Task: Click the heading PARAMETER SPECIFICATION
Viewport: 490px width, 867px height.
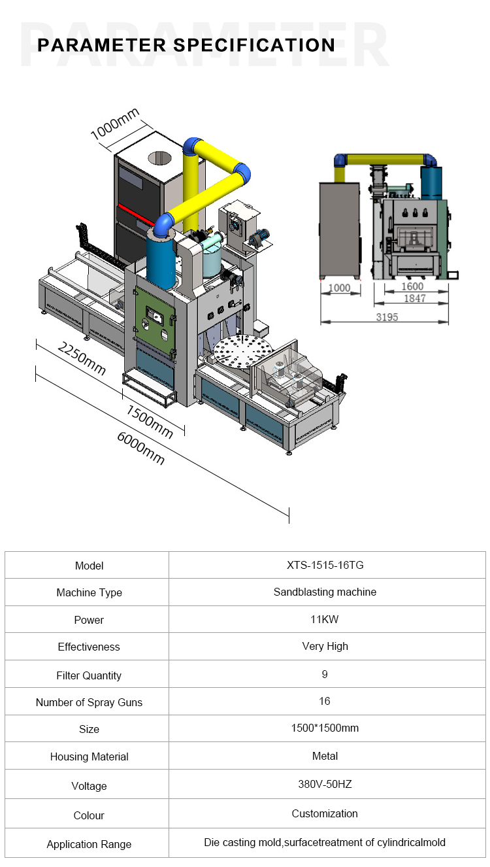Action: [x=186, y=45]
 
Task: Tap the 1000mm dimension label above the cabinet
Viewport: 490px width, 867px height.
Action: [x=115, y=124]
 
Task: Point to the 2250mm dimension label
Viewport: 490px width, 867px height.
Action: [x=82, y=359]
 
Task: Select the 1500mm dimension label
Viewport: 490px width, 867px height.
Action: [x=149, y=422]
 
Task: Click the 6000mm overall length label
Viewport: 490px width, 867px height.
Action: [x=141, y=449]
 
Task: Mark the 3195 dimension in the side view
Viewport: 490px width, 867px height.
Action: [x=387, y=317]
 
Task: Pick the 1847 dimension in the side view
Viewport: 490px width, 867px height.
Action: [x=414, y=298]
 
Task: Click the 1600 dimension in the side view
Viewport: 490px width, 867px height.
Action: [x=412, y=286]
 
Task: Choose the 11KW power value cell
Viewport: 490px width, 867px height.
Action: [x=325, y=619]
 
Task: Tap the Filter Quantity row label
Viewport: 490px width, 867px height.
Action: [x=89, y=675]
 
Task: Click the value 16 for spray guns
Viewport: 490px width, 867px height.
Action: [x=325, y=701]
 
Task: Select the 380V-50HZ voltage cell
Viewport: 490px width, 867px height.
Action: [x=325, y=784]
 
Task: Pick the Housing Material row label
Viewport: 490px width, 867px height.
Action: [x=89, y=756]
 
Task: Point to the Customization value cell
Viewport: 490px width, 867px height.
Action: [x=325, y=813]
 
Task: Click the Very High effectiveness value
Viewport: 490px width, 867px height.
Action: [x=325, y=646]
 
